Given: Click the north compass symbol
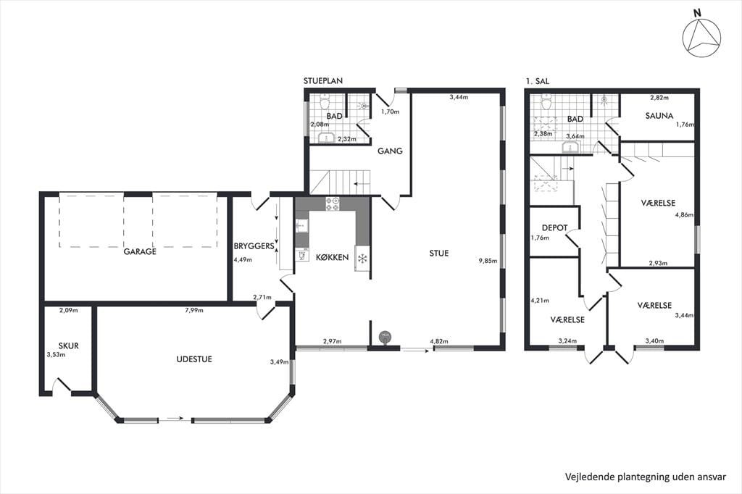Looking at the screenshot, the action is pyautogui.click(x=701, y=38).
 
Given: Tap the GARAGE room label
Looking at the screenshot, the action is pyautogui.click(x=140, y=251).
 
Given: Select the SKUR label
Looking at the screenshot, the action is pyautogui.click(x=69, y=346).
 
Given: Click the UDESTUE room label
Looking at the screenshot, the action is pyautogui.click(x=194, y=359).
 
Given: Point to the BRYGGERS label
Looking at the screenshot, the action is pyautogui.click(x=254, y=246).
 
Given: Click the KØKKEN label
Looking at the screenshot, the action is pyautogui.click(x=332, y=257).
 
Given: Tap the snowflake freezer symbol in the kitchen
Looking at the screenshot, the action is pyautogui.click(x=362, y=259).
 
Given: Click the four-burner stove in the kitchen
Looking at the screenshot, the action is pyautogui.click(x=332, y=204).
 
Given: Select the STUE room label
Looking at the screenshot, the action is pyautogui.click(x=438, y=253).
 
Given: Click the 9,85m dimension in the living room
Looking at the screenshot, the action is pyautogui.click(x=488, y=260).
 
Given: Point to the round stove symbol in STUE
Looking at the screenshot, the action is pyautogui.click(x=385, y=336).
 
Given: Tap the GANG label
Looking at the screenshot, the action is pyautogui.click(x=390, y=151).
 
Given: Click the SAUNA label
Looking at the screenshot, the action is pyautogui.click(x=659, y=115).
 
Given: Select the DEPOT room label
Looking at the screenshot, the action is pyautogui.click(x=554, y=227).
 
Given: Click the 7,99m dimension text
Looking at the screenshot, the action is pyautogui.click(x=194, y=311).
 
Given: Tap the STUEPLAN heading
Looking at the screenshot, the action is pyautogui.click(x=323, y=81).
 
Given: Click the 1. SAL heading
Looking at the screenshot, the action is pyautogui.click(x=538, y=81).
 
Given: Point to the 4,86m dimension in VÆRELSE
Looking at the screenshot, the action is pyautogui.click(x=684, y=214).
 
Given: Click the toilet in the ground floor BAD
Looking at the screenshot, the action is pyautogui.click(x=325, y=101).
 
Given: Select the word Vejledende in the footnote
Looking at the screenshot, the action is pyautogui.click(x=590, y=477).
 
